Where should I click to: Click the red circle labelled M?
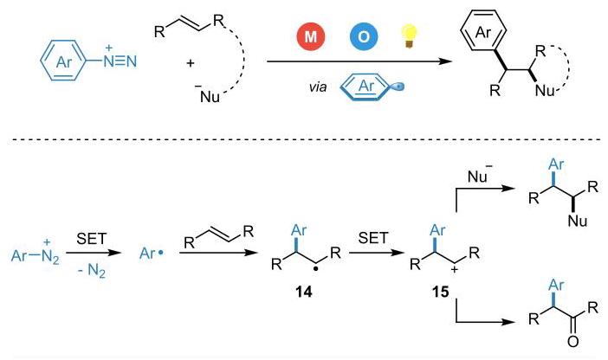point(311,36)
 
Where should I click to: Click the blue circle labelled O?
point(363,36)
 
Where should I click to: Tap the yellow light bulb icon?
point(409,35)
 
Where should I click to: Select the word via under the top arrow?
point(318,87)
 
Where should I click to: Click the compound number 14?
point(303,292)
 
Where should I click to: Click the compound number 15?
point(441,292)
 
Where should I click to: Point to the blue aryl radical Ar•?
point(152,254)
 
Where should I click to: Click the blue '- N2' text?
point(92,270)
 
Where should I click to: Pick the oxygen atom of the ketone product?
point(572,342)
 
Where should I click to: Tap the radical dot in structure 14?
point(316,268)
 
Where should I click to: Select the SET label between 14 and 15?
point(372,238)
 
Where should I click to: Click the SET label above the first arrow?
point(91,239)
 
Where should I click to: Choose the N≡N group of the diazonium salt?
point(120,61)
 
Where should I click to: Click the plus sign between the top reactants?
point(190,63)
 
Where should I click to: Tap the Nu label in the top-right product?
point(545,90)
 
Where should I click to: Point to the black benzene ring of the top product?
point(483,32)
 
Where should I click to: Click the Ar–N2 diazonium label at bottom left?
point(36,254)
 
